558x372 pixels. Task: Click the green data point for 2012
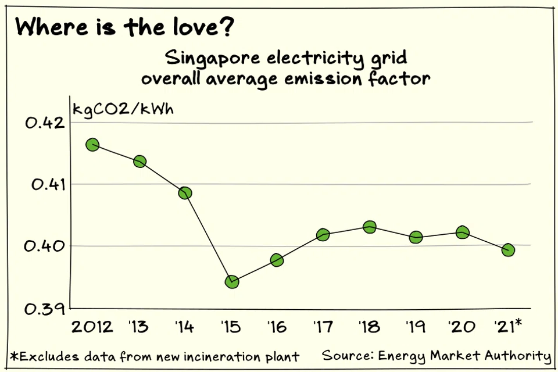tap(92, 145)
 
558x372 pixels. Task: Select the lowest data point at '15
tap(232, 282)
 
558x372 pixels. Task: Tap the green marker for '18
tap(370, 227)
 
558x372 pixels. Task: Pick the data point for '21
tap(508, 250)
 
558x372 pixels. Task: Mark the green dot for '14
tap(185, 193)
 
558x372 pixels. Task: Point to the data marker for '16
tap(277, 260)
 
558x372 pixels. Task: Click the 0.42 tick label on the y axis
tap(42, 123)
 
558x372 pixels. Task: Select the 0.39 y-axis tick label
tap(42, 308)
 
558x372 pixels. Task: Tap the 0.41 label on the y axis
tap(42, 185)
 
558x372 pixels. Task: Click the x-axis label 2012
tap(92, 327)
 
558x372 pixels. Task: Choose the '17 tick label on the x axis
tap(323, 327)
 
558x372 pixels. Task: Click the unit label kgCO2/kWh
tap(123, 109)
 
